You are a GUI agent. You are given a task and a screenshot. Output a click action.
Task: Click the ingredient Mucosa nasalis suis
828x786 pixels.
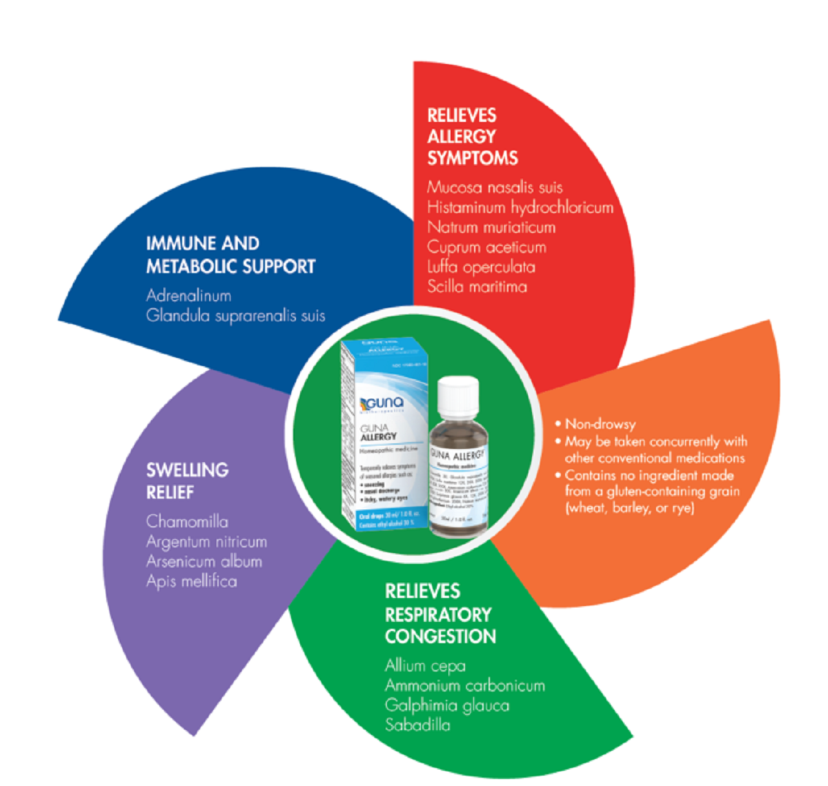pyautogui.click(x=495, y=188)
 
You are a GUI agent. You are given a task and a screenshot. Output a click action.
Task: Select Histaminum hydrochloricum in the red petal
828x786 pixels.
pyautogui.click(x=520, y=208)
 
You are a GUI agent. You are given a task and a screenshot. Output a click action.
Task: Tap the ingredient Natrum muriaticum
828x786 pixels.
pyautogui.click(x=491, y=228)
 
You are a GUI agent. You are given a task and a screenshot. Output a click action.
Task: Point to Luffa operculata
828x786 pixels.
pyautogui.click(x=481, y=268)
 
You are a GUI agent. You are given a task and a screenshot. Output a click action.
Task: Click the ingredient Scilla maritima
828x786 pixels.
pyautogui.click(x=477, y=287)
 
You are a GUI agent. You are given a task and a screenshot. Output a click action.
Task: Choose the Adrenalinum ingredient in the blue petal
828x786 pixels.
pyautogui.click(x=188, y=296)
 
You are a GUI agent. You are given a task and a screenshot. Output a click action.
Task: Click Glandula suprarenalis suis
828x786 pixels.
pyautogui.click(x=235, y=316)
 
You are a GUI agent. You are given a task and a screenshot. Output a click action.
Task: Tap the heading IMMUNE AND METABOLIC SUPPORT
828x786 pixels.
pyautogui.click(x=230, y=255)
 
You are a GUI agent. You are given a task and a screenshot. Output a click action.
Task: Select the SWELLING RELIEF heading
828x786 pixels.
pyautogui.click(x=187, y=481)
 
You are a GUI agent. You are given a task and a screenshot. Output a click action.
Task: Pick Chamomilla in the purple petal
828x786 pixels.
pyautogui.click(x=187, y=522)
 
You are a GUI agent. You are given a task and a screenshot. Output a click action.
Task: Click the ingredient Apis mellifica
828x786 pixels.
pyautogui.click(x=191, y=581)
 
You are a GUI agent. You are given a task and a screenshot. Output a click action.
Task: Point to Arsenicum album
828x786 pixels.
pyautogui.click(x=204, y=561)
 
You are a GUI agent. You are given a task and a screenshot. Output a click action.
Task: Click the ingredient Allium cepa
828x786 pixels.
pyautogui.click(x=425, y=666)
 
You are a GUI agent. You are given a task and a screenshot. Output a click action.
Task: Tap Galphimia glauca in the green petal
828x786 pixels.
pyautogui.click(x=446, y=705)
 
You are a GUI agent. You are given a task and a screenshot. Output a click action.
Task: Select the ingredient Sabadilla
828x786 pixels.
pyautogui.click(x=417, y=725)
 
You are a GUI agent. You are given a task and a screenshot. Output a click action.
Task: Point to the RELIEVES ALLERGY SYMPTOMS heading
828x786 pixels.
pyautogui.click(x=472, y=137)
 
